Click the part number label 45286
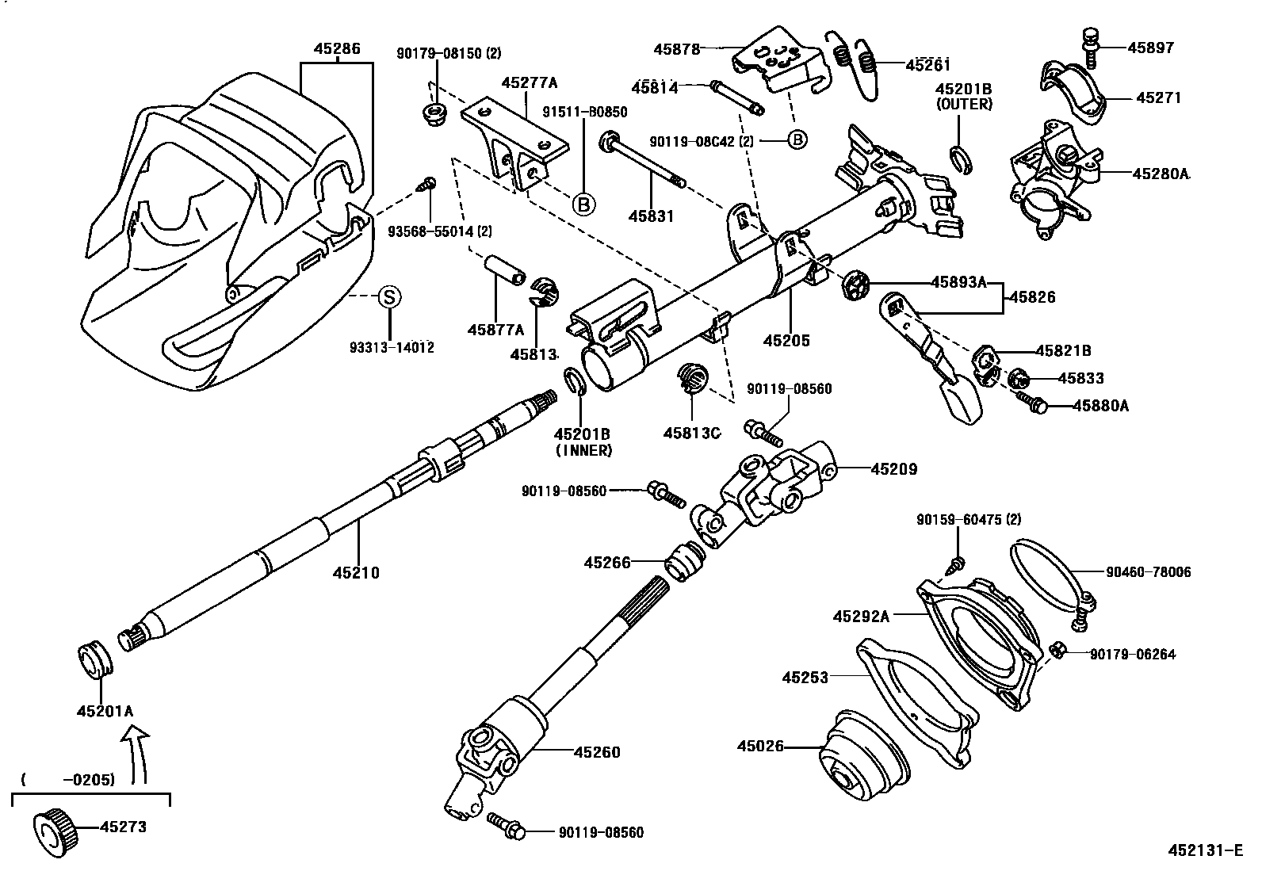[337, 48]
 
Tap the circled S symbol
[388, 297]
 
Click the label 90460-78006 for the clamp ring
[1148, 571]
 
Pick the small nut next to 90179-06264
[1056, 651]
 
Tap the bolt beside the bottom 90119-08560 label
[506, 825]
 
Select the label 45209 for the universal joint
[893, 469]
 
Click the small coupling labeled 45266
[684, 563]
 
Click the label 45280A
[1162, 174]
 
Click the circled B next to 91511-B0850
[583, 204]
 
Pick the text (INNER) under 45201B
[583, 451]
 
